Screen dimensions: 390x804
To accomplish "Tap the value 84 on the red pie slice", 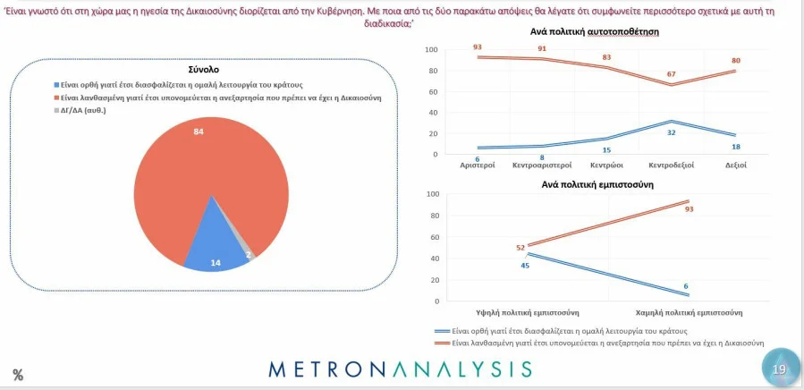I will click(199, 131).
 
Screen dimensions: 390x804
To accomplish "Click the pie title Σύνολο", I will click(204, 69).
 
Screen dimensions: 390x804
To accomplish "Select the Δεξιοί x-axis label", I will click(734, 165).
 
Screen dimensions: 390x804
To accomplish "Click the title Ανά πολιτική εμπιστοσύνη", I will click(593, 184).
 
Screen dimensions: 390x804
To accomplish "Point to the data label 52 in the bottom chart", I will click(520, 248).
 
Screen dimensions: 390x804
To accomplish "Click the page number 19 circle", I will click(778, 368).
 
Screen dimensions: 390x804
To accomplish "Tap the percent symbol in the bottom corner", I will click(18, 376).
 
